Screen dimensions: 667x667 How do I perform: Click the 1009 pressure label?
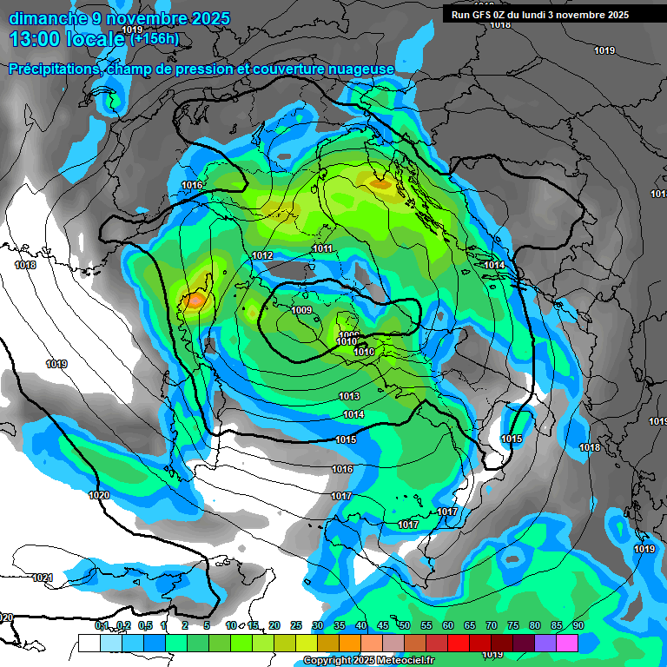click(301, 310)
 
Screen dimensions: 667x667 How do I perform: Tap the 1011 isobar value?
click(322, 249)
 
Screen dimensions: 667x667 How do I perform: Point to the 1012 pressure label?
click(263, 255)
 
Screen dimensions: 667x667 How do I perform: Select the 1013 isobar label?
click(349, 396)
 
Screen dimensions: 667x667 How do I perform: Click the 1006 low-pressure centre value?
click(349, 335)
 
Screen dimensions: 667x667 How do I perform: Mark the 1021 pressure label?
click(42, 578)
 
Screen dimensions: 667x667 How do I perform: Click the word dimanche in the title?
click(48, 18)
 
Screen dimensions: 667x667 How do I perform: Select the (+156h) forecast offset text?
click(154, 38)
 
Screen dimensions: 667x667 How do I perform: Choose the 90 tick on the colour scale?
click(578, 625)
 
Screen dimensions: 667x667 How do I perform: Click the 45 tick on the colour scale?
click(382, 625)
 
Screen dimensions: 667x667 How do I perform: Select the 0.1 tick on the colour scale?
click(102, 625)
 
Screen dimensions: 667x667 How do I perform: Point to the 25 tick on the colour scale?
click(295, 625)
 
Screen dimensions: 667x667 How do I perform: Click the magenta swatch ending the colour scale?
click(567, 643)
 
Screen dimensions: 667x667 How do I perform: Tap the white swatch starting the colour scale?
click(89, 643)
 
